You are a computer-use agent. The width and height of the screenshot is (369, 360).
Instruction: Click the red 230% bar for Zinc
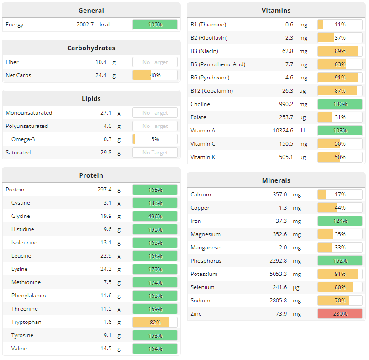340,314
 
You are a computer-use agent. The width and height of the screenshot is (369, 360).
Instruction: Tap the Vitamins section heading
276,11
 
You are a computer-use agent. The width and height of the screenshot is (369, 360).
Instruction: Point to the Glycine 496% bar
155,216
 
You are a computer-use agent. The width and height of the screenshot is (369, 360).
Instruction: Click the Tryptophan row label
26,322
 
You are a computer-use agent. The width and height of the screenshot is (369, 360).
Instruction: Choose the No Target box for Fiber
155,62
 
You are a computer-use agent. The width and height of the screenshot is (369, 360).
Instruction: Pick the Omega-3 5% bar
155,139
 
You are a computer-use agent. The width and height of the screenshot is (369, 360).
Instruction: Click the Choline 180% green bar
340,104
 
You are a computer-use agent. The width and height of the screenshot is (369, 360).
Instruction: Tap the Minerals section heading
276,180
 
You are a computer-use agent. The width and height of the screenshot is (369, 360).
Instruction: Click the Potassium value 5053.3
278,274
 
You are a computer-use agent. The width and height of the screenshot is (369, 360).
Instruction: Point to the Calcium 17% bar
340,195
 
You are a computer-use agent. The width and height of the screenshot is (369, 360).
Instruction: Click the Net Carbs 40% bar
155,75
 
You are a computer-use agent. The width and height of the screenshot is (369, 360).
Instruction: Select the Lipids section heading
91,99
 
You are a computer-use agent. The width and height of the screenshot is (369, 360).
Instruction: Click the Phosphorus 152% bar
340,261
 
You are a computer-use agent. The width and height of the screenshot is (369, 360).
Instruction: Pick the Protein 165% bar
155,190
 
